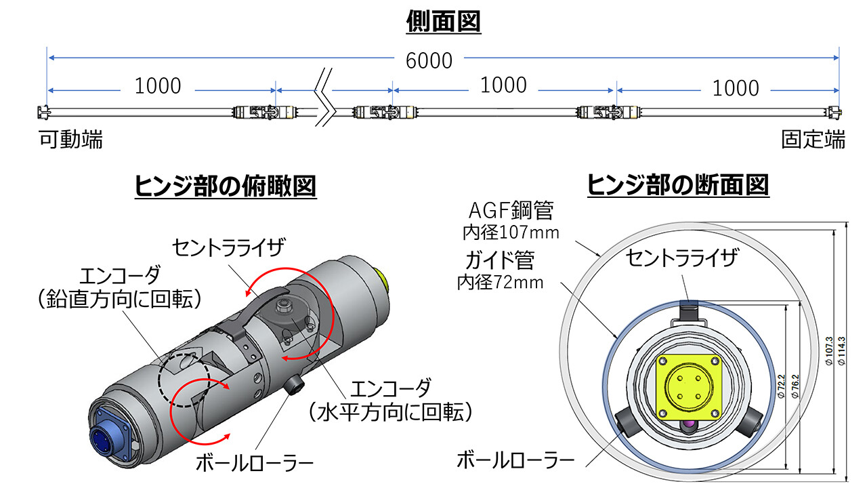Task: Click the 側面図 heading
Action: [x=443, y=22]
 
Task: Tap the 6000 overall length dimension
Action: [x=429, y=60]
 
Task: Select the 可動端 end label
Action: [x=70, y=140]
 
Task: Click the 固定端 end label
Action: [x=813, y=140]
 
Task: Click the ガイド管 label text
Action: [x=499, y=260]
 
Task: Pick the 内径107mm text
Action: [x=511, y=233]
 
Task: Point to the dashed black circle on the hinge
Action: [x=183, y=378]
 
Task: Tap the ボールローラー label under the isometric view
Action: [x=255, y=464]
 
